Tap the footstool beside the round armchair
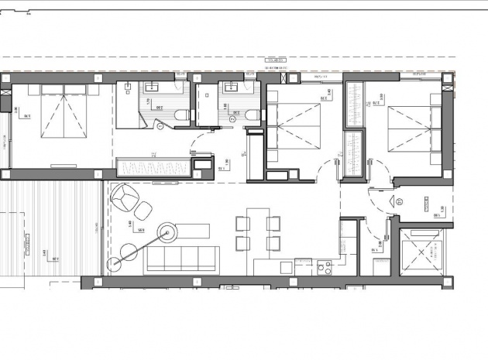144,210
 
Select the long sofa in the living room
182,257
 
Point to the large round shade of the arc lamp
167,230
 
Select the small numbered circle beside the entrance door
398,199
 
